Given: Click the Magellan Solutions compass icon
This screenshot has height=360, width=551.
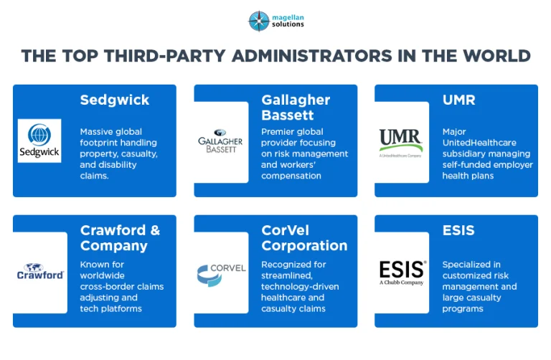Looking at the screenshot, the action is click(258, 21).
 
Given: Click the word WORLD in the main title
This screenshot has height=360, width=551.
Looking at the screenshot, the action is click(496, 56).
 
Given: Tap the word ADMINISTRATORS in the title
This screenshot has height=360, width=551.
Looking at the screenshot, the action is click(311, 56).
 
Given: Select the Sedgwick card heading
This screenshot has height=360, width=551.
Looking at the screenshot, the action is click(115, 100).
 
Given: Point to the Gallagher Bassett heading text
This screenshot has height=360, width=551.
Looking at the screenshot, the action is click(296, 108).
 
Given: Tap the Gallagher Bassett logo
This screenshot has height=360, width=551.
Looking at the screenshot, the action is click(220, 141).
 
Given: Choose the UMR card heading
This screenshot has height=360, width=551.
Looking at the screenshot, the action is click(458, 100).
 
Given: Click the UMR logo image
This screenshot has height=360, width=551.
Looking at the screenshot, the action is click(400, 143).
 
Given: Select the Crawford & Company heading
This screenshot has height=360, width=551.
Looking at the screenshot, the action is click(121, 238).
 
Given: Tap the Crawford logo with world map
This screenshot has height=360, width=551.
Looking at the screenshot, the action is click(40, 272).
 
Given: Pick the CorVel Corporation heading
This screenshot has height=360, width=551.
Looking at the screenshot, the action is click(304, 238).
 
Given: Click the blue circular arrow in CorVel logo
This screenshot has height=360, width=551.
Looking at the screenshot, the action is click(209, 275).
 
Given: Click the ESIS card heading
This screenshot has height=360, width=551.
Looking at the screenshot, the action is click(458, 230).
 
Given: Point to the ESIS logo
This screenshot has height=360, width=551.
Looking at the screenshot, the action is click(402, 273).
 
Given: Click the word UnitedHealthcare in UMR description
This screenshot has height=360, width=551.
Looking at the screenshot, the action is click(479, 143).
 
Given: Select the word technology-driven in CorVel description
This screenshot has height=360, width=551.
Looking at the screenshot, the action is click(300, 287).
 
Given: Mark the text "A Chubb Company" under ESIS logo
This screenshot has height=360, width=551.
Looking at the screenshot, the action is click(401, 283).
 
